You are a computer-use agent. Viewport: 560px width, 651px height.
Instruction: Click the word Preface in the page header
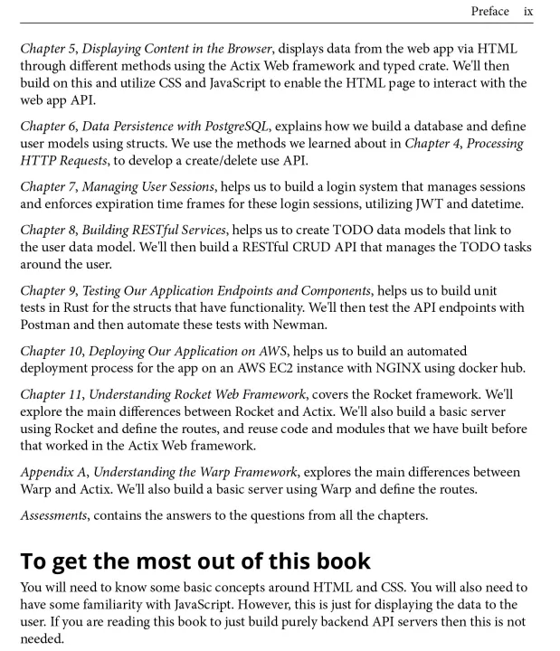point(489,12)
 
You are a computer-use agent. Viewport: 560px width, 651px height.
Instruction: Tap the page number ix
point(528,12)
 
